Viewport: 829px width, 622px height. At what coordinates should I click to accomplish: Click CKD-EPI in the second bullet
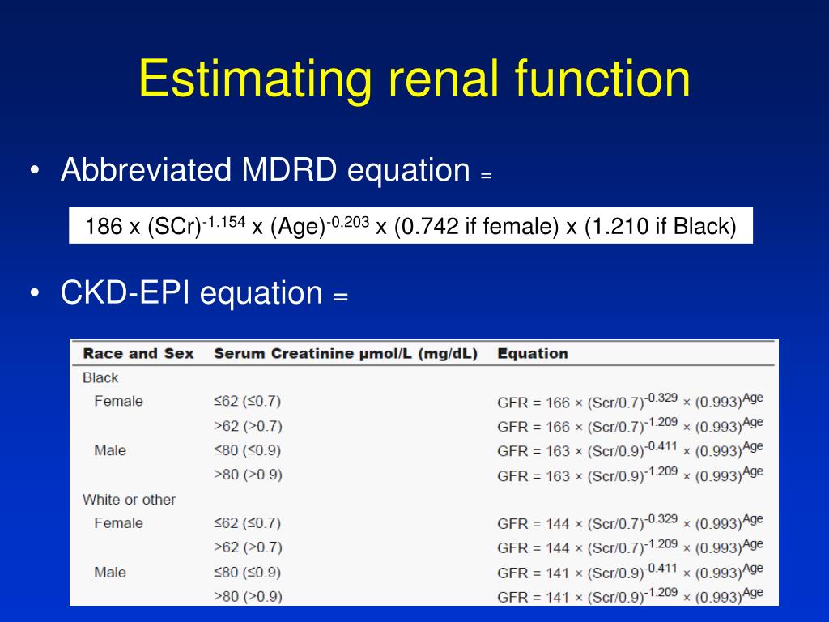125,292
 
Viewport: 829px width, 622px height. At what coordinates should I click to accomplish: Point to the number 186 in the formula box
104,228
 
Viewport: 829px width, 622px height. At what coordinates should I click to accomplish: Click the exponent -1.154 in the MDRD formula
223,220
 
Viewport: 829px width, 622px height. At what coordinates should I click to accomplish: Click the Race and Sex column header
138,354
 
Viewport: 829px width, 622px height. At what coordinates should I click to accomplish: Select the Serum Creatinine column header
345,354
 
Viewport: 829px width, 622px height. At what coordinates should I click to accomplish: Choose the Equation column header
532,354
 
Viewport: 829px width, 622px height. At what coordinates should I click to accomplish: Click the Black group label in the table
100,377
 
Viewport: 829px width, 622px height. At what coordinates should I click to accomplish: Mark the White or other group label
129,500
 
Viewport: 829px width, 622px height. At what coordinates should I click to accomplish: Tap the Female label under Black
118,401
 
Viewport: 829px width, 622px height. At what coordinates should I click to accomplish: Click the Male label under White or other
110,573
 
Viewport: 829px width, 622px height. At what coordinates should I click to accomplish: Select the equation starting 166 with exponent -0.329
630,402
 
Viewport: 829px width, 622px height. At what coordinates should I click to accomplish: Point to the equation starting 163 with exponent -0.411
630,450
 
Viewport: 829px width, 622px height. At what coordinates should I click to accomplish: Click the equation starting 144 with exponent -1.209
630,548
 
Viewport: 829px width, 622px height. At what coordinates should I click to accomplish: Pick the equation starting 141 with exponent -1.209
630,597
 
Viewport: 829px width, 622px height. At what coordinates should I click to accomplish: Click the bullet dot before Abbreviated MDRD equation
35,171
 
